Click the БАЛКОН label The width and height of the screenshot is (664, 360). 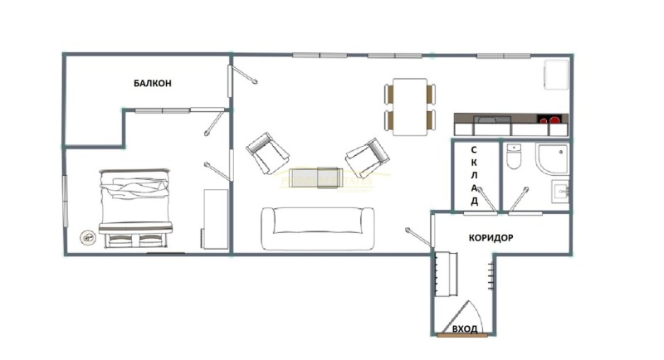153,83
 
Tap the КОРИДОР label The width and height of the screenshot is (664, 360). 491,238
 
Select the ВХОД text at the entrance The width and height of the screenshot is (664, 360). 465,328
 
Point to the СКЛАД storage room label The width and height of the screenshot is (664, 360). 474,176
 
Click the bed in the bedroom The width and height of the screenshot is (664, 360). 135,208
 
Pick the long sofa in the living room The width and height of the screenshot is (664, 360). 318,228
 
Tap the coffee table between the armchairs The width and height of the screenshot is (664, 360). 316,178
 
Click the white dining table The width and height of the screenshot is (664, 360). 409,107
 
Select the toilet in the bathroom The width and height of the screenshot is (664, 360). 514,156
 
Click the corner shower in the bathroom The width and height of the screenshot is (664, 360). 552,158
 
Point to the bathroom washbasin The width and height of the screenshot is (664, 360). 559,192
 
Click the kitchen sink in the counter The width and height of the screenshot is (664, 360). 491,119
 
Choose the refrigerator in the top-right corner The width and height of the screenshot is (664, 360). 556,75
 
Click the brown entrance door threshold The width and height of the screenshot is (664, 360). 462,335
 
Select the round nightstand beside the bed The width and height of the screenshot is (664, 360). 88,238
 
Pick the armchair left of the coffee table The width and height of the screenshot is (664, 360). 267,153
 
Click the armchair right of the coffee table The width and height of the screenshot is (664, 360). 367,158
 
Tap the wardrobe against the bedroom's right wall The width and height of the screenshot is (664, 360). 215,219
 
